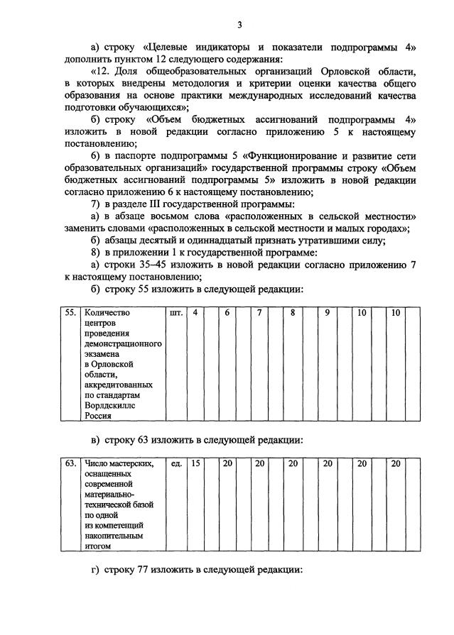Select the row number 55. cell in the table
[x=70, y=312]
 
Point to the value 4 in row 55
[x=195, y=312]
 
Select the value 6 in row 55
[x=227, y=312]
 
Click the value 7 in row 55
[x=260, y=312]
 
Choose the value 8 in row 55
[x=292, y=312]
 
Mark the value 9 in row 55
[x=327, y=312]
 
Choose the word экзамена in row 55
[x=103, y=353]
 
